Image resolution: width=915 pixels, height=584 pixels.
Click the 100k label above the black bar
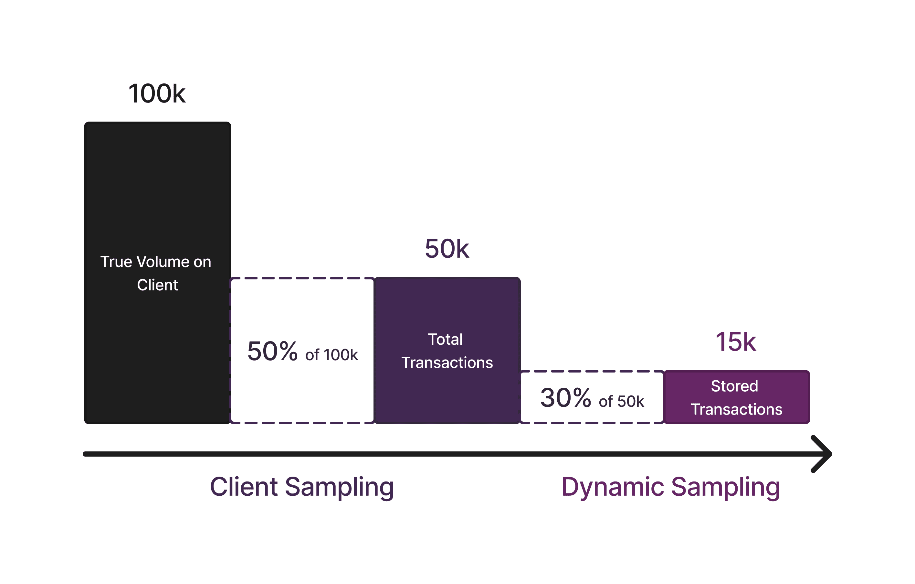157,93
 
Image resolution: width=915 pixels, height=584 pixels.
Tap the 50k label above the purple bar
447,249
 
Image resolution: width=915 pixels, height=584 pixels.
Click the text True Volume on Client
156,273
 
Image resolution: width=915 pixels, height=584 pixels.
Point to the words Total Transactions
447,351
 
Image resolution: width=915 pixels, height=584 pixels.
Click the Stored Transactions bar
736,397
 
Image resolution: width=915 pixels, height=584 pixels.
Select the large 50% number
272,351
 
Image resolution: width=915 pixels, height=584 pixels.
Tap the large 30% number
565,398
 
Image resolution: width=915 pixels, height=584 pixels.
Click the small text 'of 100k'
331,355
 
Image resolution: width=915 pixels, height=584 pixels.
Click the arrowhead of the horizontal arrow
823,454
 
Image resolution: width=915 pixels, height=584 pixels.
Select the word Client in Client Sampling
244,487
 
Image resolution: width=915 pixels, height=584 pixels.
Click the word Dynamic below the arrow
613,487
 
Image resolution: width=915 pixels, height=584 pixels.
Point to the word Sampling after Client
339,487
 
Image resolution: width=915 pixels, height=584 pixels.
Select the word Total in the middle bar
445,339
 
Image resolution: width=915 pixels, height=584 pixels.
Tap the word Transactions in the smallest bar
736,409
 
